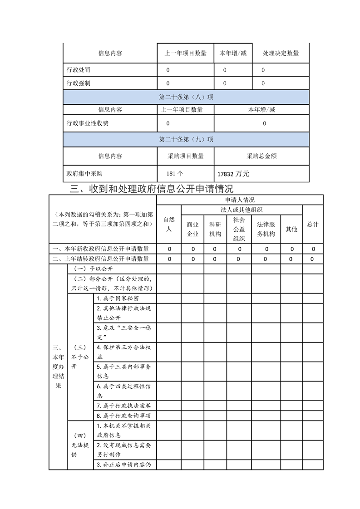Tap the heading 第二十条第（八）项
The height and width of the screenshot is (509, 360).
[186, 97]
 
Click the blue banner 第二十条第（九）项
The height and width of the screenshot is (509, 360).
[186, 139]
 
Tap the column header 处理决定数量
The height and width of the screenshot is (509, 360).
[281, 53]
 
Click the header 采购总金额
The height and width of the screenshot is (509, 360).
[261, 156]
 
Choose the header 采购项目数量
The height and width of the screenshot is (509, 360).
[186, 156]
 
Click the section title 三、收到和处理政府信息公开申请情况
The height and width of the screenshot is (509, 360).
[150, 189]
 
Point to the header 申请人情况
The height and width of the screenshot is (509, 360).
[240, 200]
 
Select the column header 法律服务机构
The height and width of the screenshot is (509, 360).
[266, 230]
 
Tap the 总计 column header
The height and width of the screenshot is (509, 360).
[312, 225]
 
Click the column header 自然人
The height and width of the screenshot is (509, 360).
[168, 225]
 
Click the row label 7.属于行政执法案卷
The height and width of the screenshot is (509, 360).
[123, 406]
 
